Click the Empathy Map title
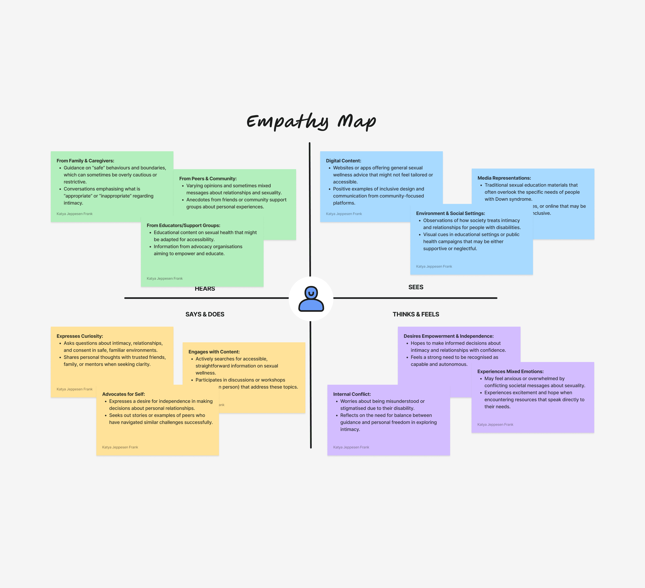[x=311, y=121]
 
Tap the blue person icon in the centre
[x=311, y=299]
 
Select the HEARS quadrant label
[x=205, y=289]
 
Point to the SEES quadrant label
[x=416, y=287]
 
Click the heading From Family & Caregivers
[x=85, y=161]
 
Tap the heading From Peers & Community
[x=208, y=179]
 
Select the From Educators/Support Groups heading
[x=183, y=225]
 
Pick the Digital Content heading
[x=343, y=161]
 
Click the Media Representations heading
[x=504, y=178]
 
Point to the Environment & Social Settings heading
[x=450, y=213]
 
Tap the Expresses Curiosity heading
[x=80, y=336]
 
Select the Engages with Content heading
[x=214, y=352]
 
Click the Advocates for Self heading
[x=123, y=394]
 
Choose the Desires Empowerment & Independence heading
[x=448, y=336]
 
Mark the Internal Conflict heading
[x=352, y=394]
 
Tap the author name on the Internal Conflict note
[x=351, y=447]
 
